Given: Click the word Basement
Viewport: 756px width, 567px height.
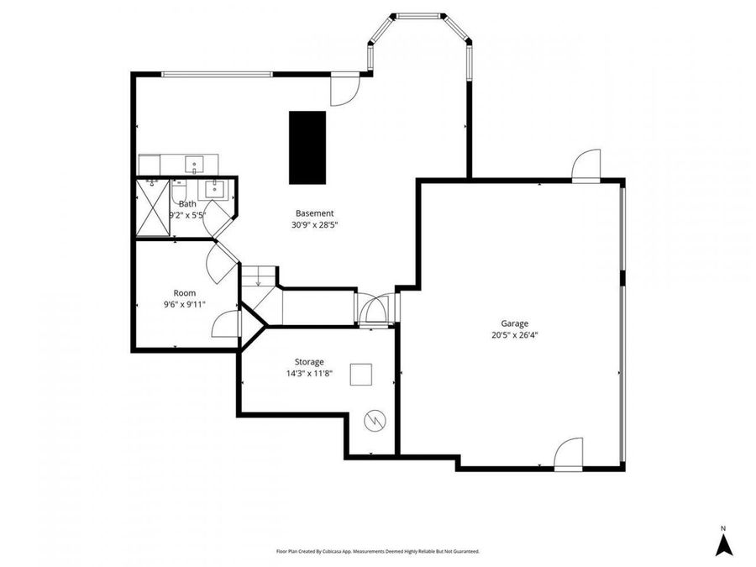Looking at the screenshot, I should pyautogui.click(x=314, y=213).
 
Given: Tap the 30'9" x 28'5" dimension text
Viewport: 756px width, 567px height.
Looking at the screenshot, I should pyautogui.click(x=314, y=225).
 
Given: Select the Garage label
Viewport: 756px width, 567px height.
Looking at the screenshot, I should pyautogui.click(x=514, y=323).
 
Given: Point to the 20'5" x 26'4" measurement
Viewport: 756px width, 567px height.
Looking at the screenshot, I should pyautogui.click(x=514, y=334).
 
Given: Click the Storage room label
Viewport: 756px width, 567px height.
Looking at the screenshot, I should pyautogui.click(x=308, y=362).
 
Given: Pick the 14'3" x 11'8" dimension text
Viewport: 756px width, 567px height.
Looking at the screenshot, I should pyautogui.click(x=308, y=374).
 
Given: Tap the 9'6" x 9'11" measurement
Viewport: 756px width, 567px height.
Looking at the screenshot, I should pyautogui.click(x=185, y=305).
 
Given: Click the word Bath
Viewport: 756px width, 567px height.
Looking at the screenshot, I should pyautogui.click(x=187, y=204).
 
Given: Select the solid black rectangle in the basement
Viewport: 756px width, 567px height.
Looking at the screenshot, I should pyautogui.click(x=307, y=147).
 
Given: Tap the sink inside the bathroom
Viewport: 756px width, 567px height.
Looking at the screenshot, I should pyautogui.click(x=217, y=188).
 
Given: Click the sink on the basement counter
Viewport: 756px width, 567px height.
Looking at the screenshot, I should pyautogui.click(x=194, y=164).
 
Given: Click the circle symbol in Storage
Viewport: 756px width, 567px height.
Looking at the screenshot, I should pyautogui.click(x=374, y=419).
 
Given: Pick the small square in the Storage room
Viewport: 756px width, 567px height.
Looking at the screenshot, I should pyautogui.click(x=362, y=374).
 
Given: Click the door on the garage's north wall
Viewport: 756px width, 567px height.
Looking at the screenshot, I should pyautogui.click(x=586, y=165).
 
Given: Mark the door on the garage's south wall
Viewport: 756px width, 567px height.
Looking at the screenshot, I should pyautogui.click(x=569, y=454).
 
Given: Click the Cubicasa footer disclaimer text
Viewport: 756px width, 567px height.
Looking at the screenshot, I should pyautogui.click(x=377, y=552).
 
